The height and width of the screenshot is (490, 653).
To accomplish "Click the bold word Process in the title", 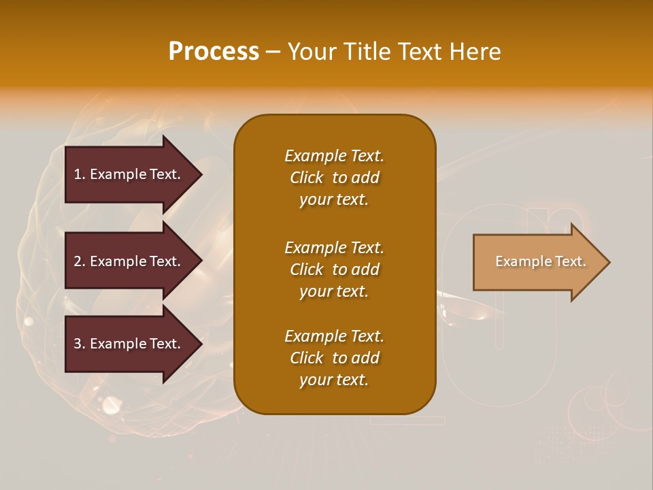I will coord(214,52).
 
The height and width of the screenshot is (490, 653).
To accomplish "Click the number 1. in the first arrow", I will coord(80,174).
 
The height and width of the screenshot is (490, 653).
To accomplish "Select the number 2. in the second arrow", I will coord(80,261).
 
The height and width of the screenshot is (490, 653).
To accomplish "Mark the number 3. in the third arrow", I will coord(80,344).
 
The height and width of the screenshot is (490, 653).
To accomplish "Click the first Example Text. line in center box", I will coord(334,156).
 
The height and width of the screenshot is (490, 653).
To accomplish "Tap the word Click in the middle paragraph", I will coord(307,269).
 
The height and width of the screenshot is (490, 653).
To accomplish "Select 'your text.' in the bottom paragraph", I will coord(334,380).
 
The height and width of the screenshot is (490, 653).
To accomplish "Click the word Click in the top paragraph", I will coord(307,178).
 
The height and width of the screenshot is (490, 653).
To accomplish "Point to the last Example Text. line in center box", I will coord(334,336).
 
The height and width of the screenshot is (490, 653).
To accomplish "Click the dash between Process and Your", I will coord(273,52).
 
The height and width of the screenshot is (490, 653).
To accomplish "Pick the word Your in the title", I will coord(312,52).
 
